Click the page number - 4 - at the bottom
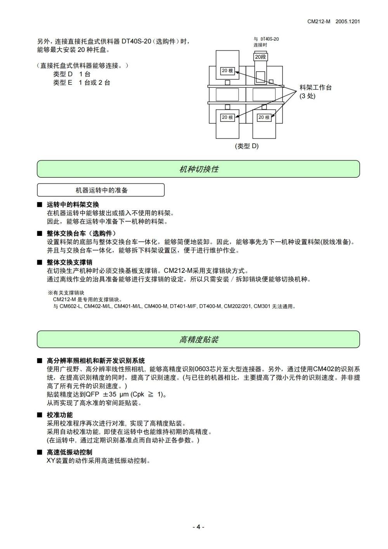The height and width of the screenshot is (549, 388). pos(198,527)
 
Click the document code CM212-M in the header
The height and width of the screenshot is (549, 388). pos(319,22)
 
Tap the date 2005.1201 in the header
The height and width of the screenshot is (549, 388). pos(348,22)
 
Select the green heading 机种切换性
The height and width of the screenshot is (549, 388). pos(199,169)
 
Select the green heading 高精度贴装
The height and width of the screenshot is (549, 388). pos(199,339)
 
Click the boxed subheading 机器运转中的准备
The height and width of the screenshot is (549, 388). pos(101,190)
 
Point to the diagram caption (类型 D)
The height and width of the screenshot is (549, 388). pos(246,146)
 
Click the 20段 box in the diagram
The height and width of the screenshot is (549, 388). pos(261,57)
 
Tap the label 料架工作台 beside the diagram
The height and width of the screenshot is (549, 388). pos(315,88)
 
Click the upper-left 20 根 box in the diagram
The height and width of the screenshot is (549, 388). pos(227,71)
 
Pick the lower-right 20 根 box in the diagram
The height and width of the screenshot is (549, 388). pos(264,117)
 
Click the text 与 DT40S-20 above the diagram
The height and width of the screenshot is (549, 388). pos(266,39)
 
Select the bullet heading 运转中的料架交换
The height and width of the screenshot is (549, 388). pos(73,204)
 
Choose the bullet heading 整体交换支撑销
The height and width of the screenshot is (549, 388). pos(69,262)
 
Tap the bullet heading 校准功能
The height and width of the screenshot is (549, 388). pos(60,415)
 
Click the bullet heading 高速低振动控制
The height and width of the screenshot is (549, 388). pos(69,452)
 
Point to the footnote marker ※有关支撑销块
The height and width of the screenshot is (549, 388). pos(66,293)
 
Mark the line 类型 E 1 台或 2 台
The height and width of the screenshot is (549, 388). pos(81,83)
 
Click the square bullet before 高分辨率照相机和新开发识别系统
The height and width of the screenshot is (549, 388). pos(39,361)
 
